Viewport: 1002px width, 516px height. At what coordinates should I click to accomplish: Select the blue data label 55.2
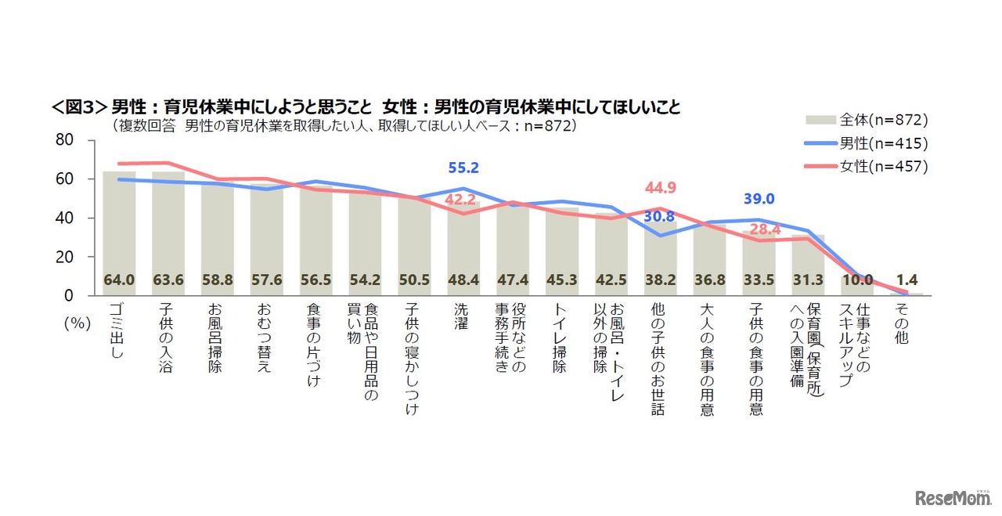click(x=463, y=168)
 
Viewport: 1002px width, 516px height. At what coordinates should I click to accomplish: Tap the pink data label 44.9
click(x=660, y=187)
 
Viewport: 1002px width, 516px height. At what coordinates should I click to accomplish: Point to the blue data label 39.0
click(x=759, y=200)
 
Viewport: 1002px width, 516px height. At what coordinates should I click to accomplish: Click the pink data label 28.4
click(x=759, y=229)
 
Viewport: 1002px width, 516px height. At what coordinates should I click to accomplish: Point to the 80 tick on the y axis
click(x=63, y=140)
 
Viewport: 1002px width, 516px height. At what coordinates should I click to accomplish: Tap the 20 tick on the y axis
click(x=63, y=257)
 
